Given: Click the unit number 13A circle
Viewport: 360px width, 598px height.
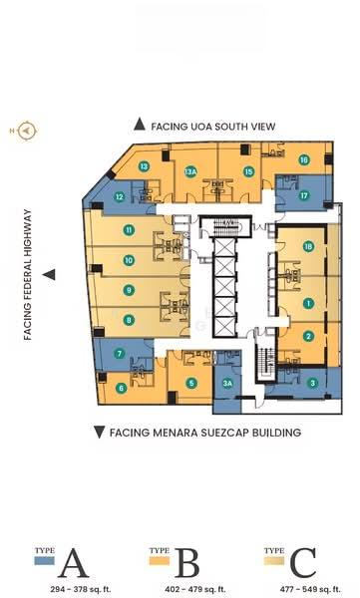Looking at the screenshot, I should (x=190, y=171).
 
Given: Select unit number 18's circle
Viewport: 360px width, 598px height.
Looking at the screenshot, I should (x=308, y=246).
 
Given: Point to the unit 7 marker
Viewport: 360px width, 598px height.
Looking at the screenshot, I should (x=119, y=353).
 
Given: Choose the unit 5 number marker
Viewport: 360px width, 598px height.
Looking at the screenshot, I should (x=191, y=382).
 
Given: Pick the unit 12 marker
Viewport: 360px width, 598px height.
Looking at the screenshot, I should (x=119, y=196).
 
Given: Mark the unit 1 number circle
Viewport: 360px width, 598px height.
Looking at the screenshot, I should (x=308, y=303).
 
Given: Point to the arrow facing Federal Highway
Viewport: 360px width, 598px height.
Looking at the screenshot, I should (x=48, y=274).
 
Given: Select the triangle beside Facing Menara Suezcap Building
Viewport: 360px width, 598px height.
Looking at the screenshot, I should (x=98, y=433).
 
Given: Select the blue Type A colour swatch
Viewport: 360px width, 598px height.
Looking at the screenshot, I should (x=44, y=563).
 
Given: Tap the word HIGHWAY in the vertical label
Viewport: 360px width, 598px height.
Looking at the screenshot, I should (x=29, y=236).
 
